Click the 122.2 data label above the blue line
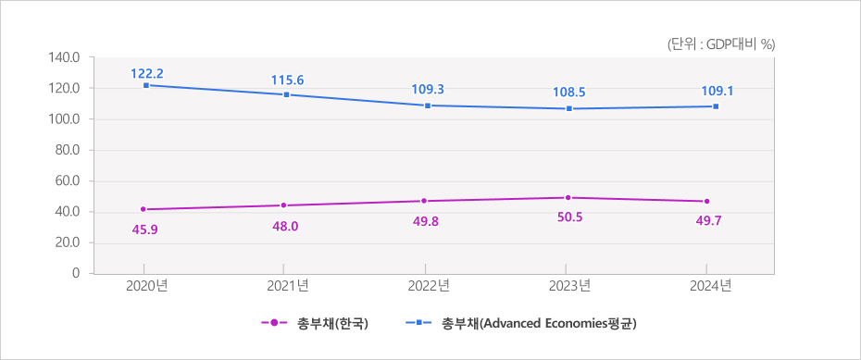pos(145,72)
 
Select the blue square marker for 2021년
pos(287,94)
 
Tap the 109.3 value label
pos(427,89)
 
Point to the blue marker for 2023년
pos(569,108)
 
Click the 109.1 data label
pos(710,91)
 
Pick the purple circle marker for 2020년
pos(143,209)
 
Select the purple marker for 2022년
pos(424,201)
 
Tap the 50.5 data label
pos(569,218)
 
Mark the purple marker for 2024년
pos(706,201)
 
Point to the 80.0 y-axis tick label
pos(68,150)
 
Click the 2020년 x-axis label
pos(145,286)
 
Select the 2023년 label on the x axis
pos(569,286)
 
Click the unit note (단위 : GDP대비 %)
pos(720,43)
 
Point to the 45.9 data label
pos(144,230)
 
